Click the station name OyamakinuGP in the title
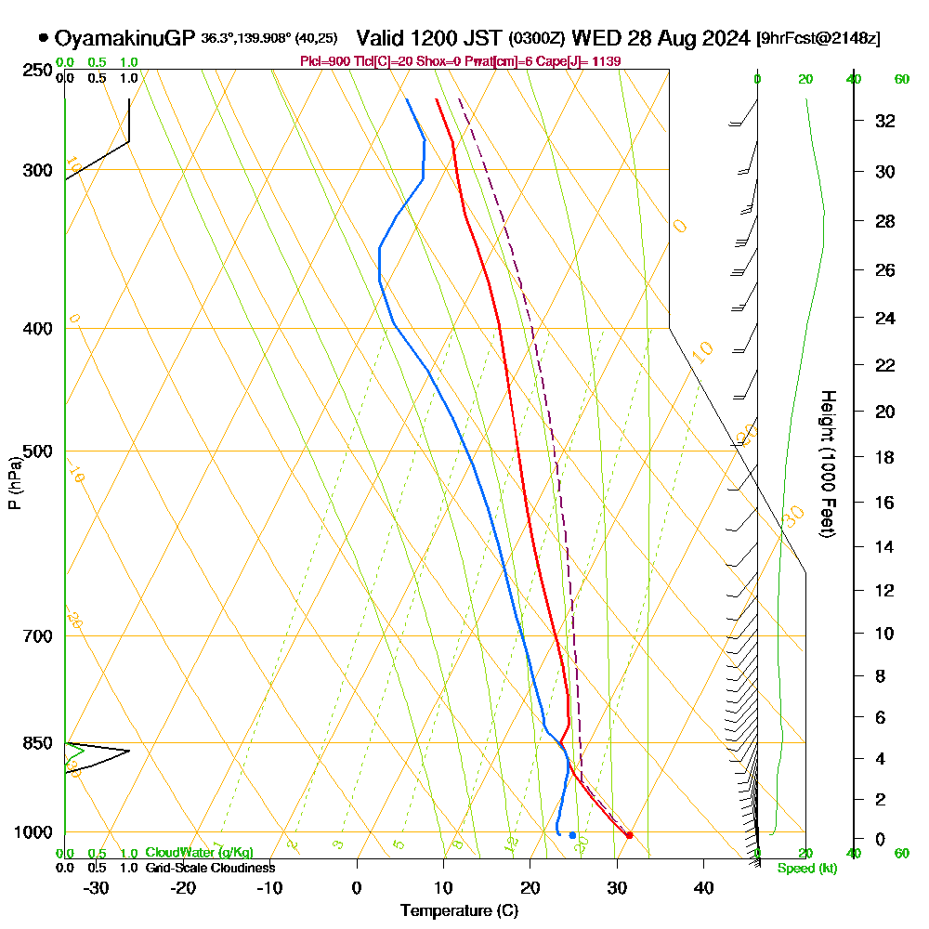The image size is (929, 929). pos(124,38)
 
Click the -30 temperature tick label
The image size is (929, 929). pos(96,887)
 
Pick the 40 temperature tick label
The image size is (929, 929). pos(703,887)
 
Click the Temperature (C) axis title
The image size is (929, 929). pos(459,911)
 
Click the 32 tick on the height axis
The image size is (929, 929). pos(885,121)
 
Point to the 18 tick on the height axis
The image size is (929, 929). pos(885,457)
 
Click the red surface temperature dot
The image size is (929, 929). pos(629,835)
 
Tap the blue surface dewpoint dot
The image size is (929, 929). pos(572,835)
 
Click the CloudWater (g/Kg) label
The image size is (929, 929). pos(199,853)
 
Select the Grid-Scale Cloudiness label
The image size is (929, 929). pos(210,868)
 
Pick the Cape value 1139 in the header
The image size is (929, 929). pos(607,61)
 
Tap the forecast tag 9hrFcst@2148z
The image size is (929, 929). pos(818,38)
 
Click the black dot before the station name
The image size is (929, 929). pos(44,38)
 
